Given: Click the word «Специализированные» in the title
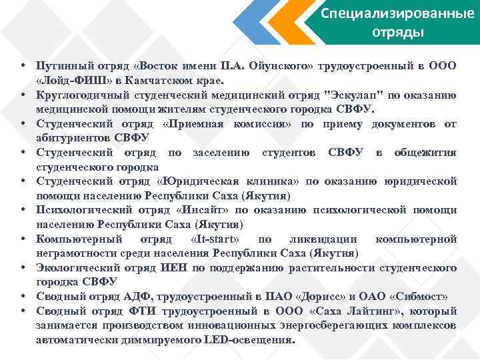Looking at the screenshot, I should click(397, 14).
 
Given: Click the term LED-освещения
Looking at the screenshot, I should click(254, 339).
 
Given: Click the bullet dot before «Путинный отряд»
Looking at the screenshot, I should click(23, 65).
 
